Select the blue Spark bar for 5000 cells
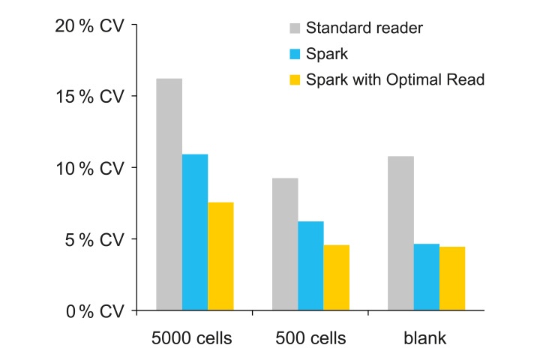[x=195, y=232]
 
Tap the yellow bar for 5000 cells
[x=220, y=256]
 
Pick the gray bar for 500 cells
[x=285, y=244]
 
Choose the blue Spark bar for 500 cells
[x=310, y=265]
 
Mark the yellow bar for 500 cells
[x=337, y=277]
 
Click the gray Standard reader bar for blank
[x=400, y=232]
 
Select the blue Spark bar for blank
[x=427, y=277]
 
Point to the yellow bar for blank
[x=452, y=278]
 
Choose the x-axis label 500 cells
[x=310, y=338]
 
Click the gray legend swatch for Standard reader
[x=294, y=29]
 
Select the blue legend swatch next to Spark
[x=294, y=55]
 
